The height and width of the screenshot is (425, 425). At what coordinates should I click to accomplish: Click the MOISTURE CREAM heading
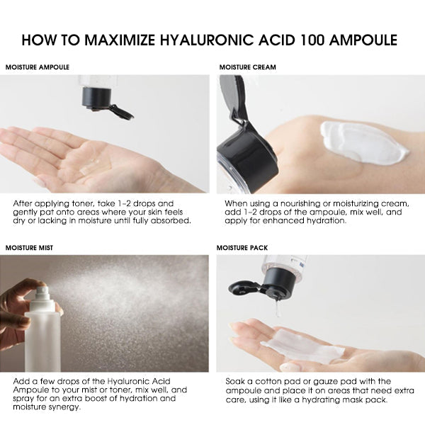[x=247, y=67]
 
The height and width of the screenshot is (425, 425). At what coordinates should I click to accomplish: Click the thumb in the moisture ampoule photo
[x=42, y=177]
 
